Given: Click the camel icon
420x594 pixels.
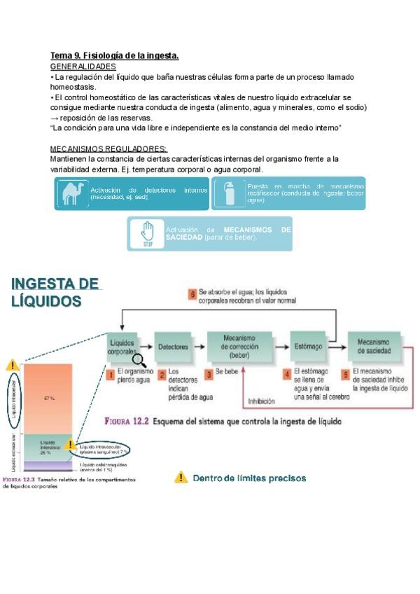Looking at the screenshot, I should tap(73, 193).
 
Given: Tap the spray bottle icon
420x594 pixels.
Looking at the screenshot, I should tap(229, 193).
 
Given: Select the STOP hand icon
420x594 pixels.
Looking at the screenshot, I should tap(147, 234).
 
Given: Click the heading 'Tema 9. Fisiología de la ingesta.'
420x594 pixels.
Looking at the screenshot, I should tap(115, 55).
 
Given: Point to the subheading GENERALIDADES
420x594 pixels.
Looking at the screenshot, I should tap(83, 66).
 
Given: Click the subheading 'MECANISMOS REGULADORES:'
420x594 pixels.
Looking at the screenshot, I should tap(108, 149).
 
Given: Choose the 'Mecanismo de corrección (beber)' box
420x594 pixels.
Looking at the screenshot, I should tap(239, 346).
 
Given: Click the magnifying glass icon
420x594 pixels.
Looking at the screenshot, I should tap(139, 360).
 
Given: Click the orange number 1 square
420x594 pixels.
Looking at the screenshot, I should tap(111, 375).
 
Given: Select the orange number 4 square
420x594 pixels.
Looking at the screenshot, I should tap(287, 375).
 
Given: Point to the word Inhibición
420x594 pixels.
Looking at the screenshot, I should tap(262, 402).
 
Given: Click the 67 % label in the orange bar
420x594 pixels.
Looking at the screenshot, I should tap(49, 399).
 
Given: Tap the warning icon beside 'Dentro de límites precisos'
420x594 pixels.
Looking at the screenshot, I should tap(181, 478).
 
